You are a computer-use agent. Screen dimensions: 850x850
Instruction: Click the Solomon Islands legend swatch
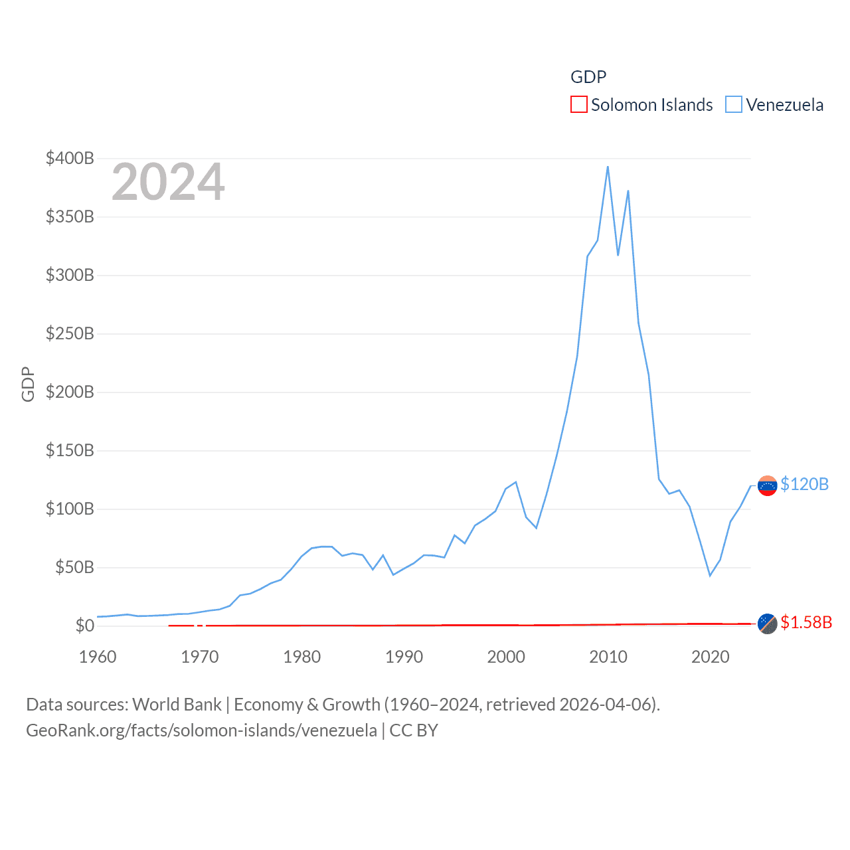pyautogui.click(x=578, y=105)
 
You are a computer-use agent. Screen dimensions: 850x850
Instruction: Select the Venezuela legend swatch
pyautogui.click(x=733, y=105)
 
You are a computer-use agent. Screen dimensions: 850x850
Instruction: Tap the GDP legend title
pyautogui.click(x=588, y=77)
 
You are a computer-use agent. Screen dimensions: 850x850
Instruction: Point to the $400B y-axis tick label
pyautogui.click(x=70, y=158)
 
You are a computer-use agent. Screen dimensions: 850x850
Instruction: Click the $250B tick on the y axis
pyautogui.click(x=70, y=333)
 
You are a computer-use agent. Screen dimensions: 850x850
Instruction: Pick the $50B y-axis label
pyautogui.click(x=74, y=567)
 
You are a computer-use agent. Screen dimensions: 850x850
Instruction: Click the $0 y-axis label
pyautogui.click(x=84, y=626)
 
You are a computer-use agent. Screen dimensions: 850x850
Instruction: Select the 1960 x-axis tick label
pyautogui.click(x=98, y=657)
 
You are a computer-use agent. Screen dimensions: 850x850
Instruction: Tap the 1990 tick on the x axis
pyautogui.click(x=404, y=657)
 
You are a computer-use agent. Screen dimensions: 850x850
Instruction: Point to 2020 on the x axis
pyautogui.click(x=711, y=657)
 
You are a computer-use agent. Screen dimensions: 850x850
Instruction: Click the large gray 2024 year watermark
pyautogui.click(x=168, y=182)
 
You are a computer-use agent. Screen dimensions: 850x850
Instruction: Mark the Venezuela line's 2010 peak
pyautogui.click(x=608, y=167)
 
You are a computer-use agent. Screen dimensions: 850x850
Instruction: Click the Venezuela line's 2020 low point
pyautogui.click(x=710, y=575)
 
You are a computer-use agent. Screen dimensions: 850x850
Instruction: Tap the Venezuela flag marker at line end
pyautogui.click(x=767, y=486)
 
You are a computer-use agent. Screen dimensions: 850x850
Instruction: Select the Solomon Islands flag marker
pyautogui.click(x=767, y=624)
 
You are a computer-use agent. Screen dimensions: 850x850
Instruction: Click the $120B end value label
pyautogui.click(x=804, y=484)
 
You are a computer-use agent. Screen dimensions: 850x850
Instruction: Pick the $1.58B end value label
pyautogui.click(x=806, y=622)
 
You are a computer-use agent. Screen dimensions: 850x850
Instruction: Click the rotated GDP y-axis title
pyautogui.click(x=28, y=384)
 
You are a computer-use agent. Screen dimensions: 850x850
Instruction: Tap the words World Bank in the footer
pyautogui.click(x=177, y=704)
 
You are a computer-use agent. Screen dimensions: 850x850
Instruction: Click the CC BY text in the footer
pyautogui.click(x=413, y=730)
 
